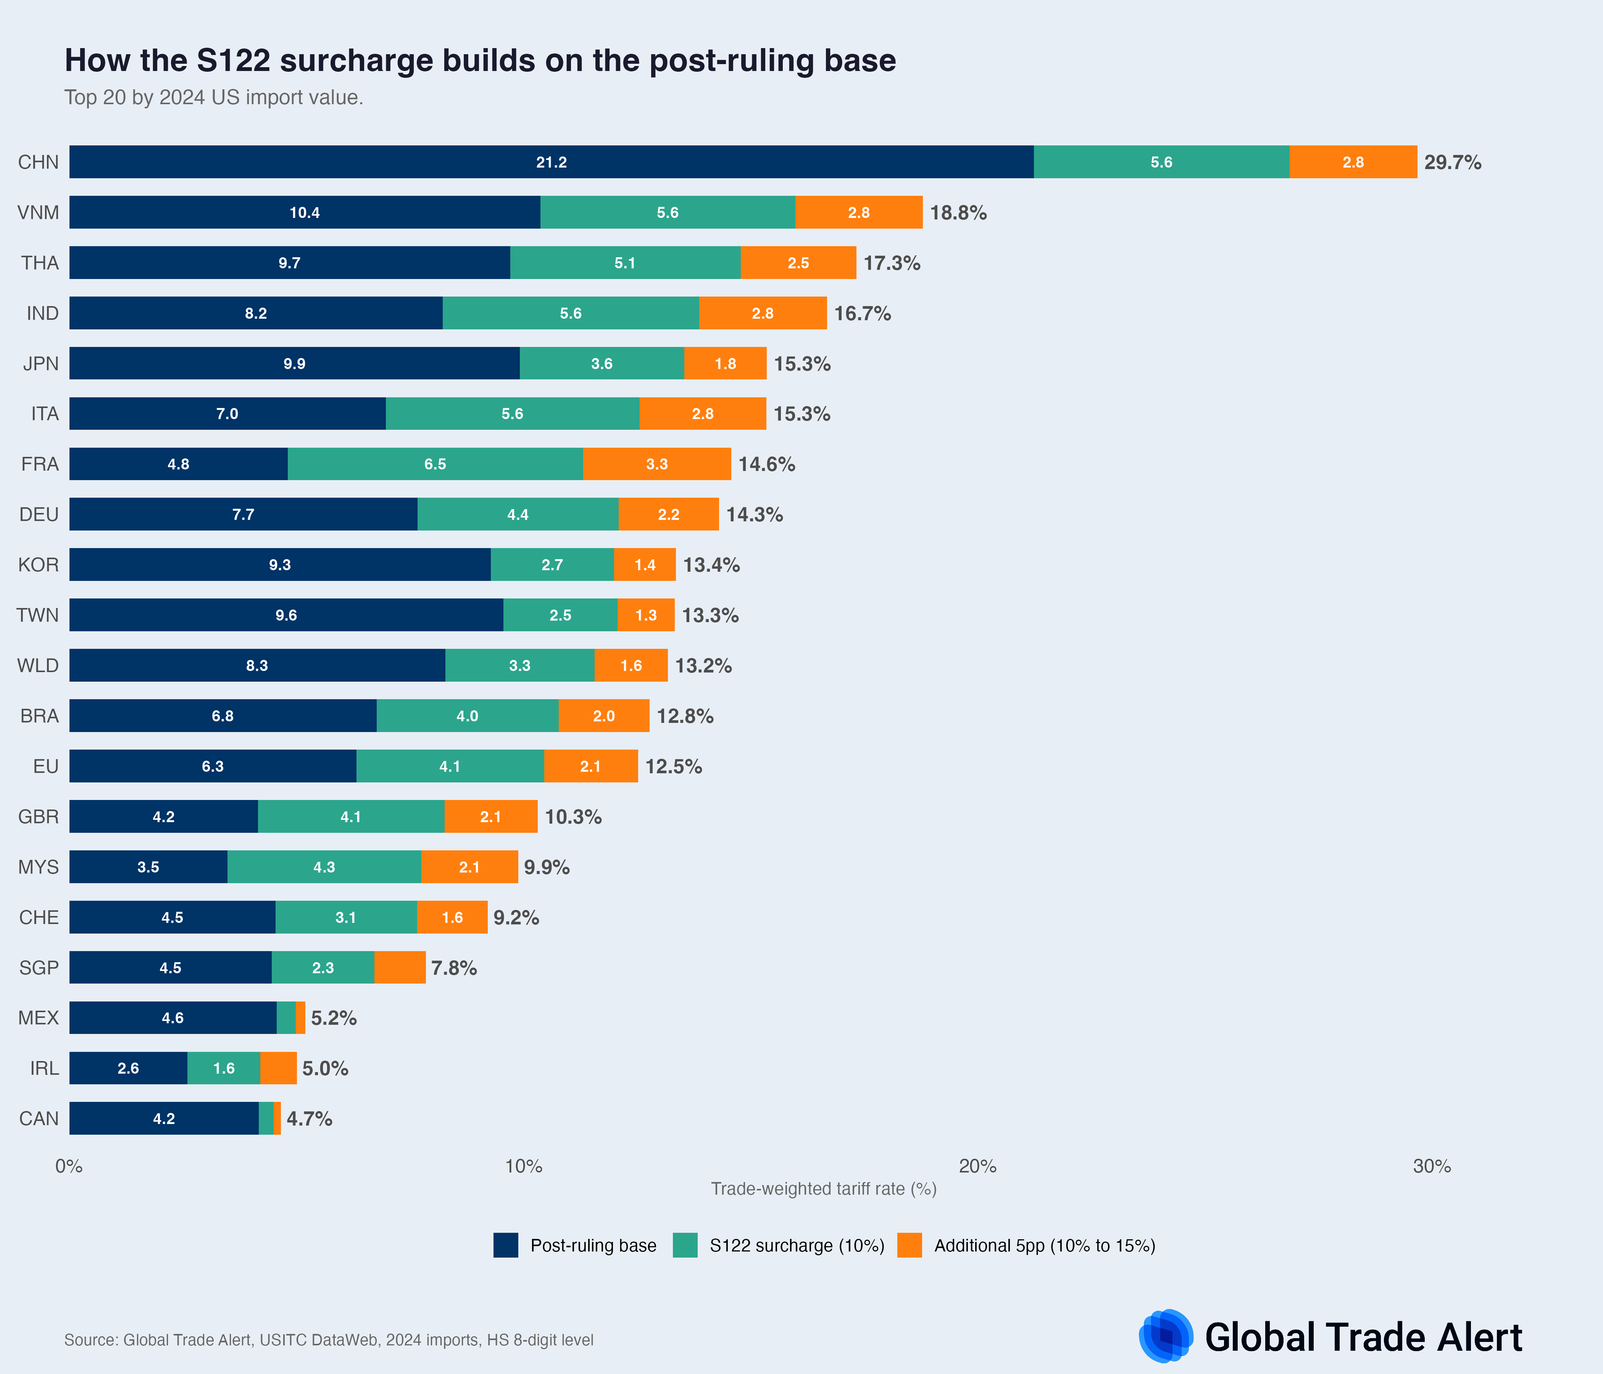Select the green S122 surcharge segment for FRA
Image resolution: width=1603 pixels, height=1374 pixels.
click(435, 464)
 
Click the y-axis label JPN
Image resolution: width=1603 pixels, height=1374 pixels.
click(40, 364)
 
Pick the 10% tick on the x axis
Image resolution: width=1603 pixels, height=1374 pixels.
click(523, 1166)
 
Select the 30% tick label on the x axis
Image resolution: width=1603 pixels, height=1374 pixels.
click(1431, 1166)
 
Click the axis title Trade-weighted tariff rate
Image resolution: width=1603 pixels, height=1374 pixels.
click(823, 1189)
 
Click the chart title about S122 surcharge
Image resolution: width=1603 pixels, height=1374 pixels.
click(480, 60)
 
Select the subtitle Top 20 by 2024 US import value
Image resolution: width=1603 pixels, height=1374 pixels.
click(213, 97)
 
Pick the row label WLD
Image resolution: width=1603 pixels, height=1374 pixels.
click(38, 665)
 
